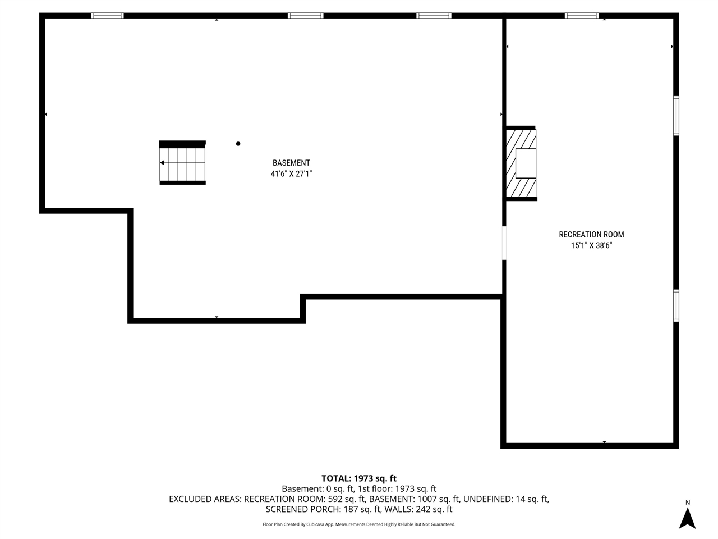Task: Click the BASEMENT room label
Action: pos(291,163)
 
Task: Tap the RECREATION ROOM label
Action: pos(591,235)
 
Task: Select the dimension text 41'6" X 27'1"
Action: pos(291,174)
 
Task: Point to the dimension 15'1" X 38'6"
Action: pos(591,245)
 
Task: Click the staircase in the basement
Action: pos(182,163)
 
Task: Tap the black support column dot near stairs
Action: pos(238,144)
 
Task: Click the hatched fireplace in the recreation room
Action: pos(521,163)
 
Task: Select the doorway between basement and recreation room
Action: pos(504,243)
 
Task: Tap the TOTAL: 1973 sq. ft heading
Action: pos(358,478)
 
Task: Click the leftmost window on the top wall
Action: pos(107,16)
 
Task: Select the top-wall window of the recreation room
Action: pos(582,16)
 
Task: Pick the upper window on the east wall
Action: pos(676,116)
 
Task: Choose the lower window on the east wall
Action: pos(676,305)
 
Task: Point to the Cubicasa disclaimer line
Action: pos(358,524)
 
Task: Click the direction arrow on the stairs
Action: pos(162,163)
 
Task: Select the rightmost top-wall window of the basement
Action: pos(434,16)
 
